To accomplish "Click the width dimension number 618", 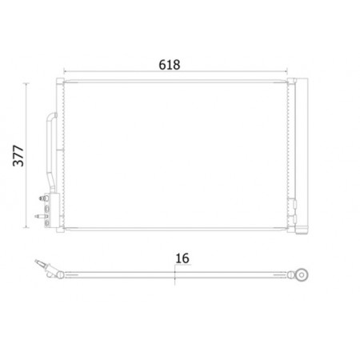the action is pos(170,65).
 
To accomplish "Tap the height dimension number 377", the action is pos(18,156).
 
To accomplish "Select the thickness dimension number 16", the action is pos(182,258).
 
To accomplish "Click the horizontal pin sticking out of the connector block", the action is pos(41,216).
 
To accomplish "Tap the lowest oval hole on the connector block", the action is pos(47,223).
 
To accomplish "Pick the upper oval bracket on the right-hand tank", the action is pos(294,204).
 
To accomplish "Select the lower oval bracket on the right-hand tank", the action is pos(294,219).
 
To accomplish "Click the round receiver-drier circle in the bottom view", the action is pos(302,274).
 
